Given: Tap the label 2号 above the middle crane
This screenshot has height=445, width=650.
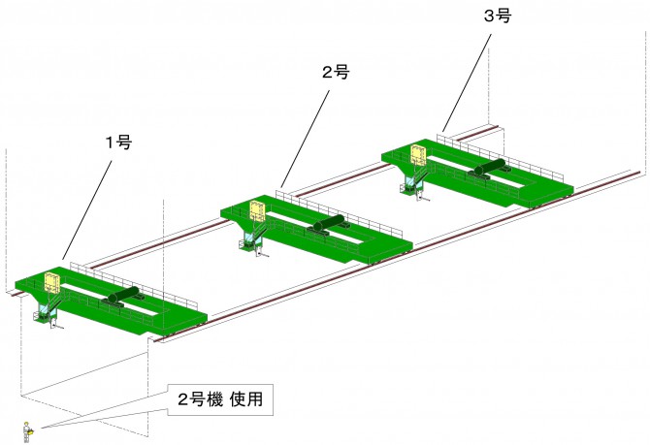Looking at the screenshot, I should [x=334, y=72].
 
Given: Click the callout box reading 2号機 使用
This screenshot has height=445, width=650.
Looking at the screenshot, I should [x=219, y=398].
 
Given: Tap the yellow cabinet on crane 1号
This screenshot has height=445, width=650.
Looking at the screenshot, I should [x=51, y=283].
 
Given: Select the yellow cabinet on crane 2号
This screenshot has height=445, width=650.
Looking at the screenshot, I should [x=258, y=211].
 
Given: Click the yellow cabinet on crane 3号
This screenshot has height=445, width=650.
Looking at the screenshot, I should [x=418, y=155].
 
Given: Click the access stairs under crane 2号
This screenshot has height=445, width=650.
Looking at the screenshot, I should [x=255, y=238].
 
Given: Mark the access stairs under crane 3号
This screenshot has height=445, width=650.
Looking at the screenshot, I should [x=414, y=181].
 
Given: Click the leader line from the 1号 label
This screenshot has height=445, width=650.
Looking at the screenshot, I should [x=89, y=208].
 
